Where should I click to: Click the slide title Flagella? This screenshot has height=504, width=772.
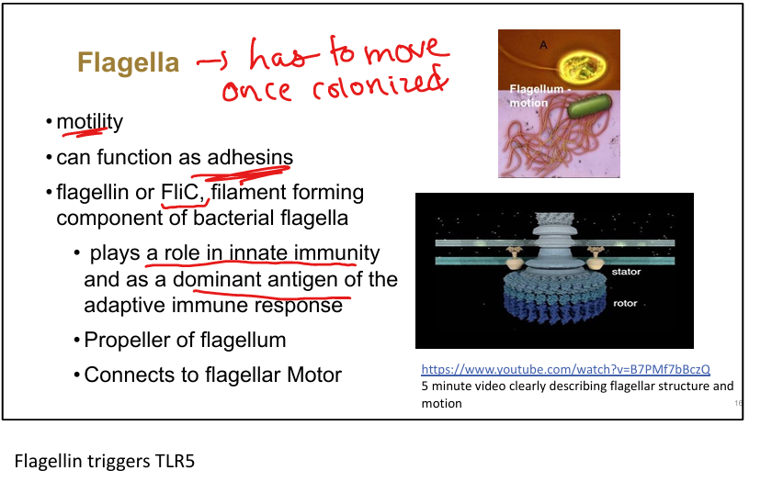pos(129,62)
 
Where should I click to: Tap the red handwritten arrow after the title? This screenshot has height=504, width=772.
pos(210,62)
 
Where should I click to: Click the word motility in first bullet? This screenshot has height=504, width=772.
pos(89,122)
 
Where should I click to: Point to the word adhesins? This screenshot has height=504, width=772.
pos(249,158)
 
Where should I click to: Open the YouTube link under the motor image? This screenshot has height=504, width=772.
pos(565,369)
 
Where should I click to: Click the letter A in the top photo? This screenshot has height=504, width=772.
pos(543,43)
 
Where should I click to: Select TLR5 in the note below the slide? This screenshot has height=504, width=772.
pos(173,461)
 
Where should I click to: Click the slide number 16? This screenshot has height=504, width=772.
pos(738,404)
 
